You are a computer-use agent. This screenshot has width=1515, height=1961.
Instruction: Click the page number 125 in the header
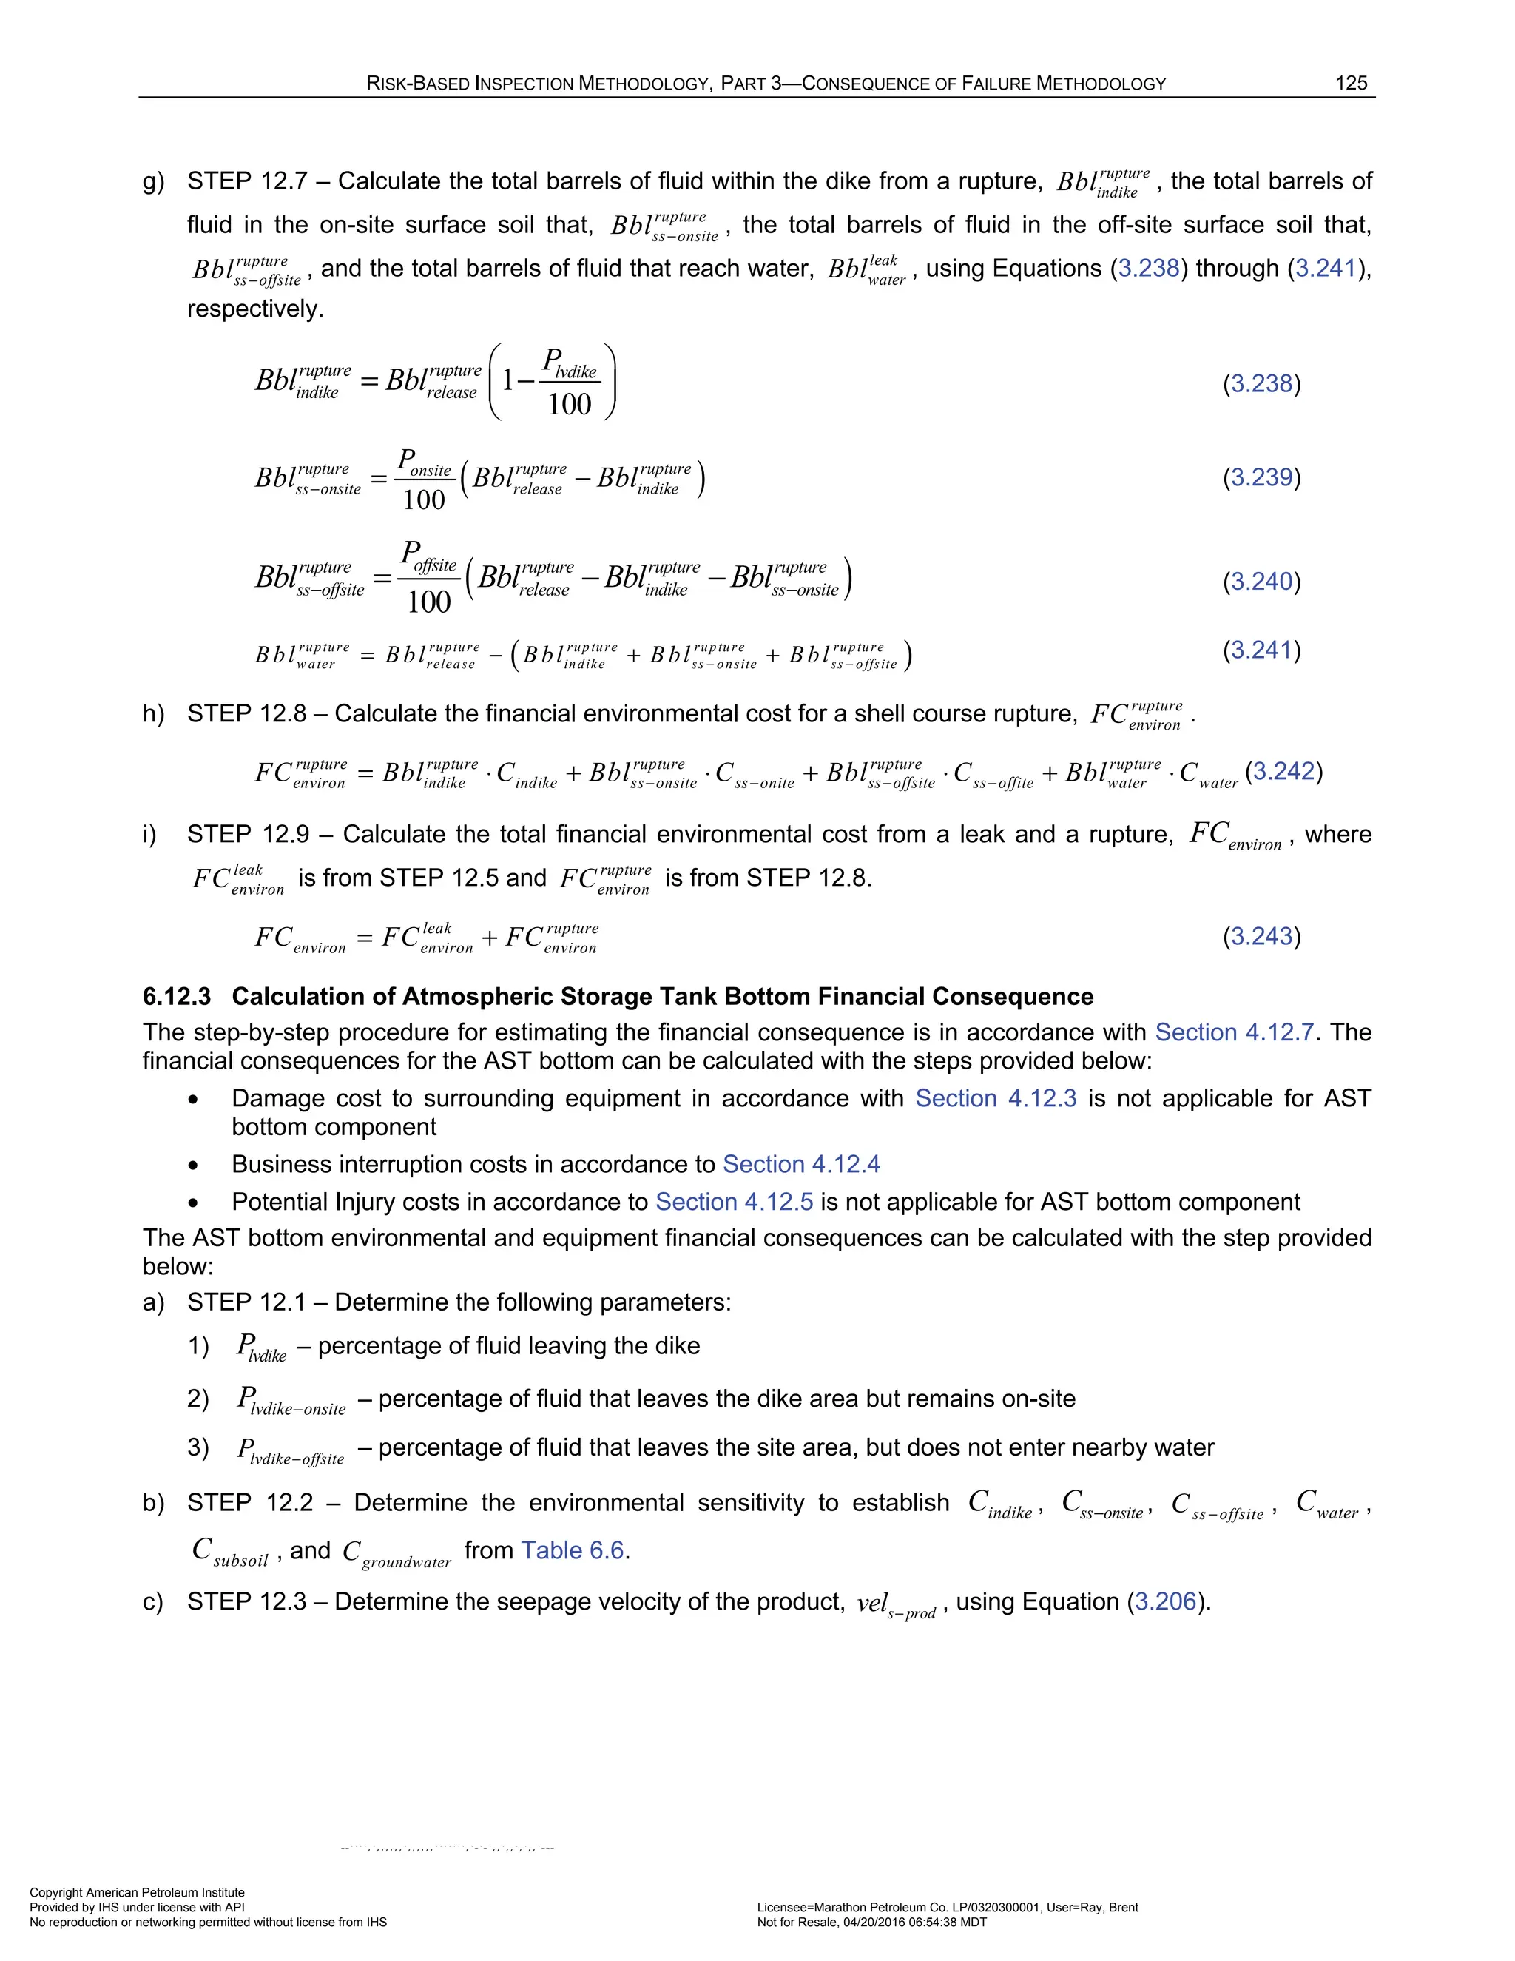pyautogui.click(x=1351, y=84)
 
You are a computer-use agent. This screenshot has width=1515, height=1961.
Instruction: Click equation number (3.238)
pyautogui.click(x=1261, y=383)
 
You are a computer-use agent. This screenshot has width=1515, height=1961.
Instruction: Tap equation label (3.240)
pyautogui.click(x=1261, y=581)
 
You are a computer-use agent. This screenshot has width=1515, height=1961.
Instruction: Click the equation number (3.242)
pyautogui.click(x=1283, y=771)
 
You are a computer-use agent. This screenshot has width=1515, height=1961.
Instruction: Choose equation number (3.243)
pyautogui.click(x=1261, y=937)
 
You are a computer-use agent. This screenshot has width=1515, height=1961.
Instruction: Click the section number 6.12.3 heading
pyautogui.click(x=177, y=997)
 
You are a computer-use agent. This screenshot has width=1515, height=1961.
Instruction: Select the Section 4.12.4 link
pyautogui.click(x=800, y=1165)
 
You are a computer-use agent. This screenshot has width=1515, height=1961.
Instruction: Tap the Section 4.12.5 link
pyautogui.click(x=733, y=1202)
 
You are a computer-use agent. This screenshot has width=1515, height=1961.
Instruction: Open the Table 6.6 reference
pyautogui.click(x=572, y=1550)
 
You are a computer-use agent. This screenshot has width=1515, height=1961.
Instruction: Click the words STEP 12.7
pyautogui.click(x=244, y=181)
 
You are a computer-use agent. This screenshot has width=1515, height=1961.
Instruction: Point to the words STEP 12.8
pyautogui.click(x=244, y=714)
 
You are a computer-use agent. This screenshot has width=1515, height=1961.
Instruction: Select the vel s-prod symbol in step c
pyautogui.click(x=895, y=1604)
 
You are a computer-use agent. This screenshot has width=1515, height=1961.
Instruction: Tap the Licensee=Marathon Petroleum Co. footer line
pyautogui.click(x=947, y=1907)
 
